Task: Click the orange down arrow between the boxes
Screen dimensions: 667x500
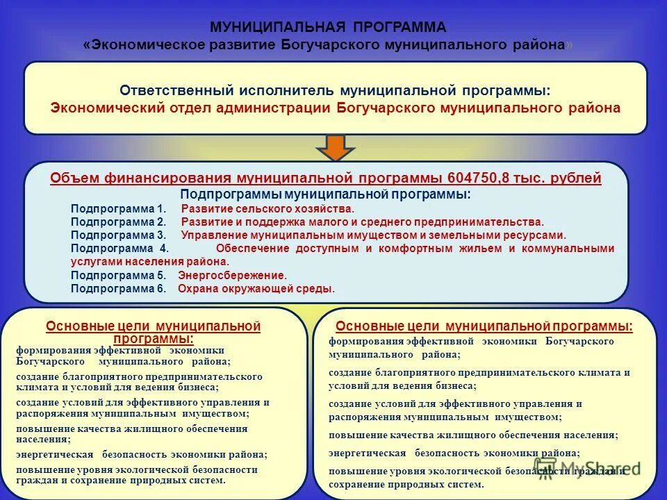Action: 336,147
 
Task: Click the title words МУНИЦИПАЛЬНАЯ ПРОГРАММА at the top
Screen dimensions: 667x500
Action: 328,27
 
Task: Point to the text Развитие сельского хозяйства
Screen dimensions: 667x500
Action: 267,208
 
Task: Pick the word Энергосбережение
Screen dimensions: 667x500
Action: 232,275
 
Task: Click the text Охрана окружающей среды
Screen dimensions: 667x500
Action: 256,289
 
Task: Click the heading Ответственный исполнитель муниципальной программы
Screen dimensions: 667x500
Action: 335,91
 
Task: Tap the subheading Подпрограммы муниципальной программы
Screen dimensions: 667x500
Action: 325,194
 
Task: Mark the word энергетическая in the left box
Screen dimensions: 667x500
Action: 55,454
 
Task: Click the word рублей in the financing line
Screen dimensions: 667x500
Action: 575,178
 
